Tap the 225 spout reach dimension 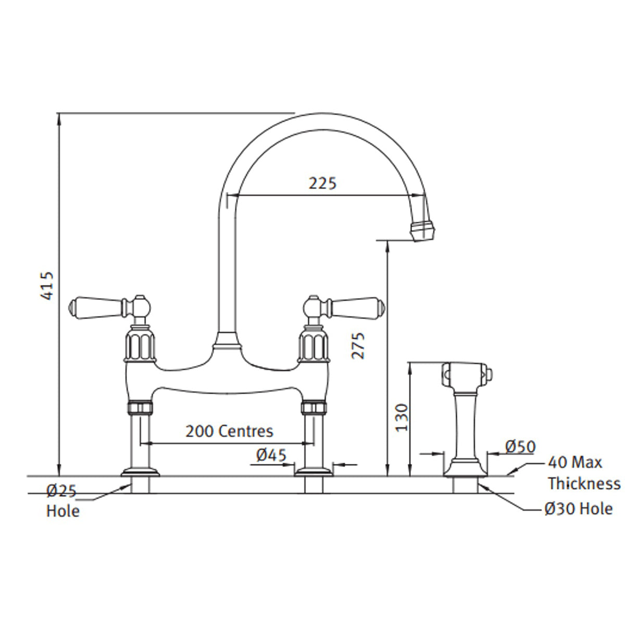pyautogui.click(x=322, y=183)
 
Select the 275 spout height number pyautogui.click(x=358, y=345)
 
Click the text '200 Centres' pyautogui.click(x=229, y=431)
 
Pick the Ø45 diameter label pyautogui.click(x=271, y=455)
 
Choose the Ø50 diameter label pyautogui.click(x=520, y=446)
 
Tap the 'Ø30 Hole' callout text pyautogui.click(x=578, y=508)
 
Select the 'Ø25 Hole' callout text pyautogui.click(x=63, y=501)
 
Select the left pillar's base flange pyautogui.click(x=140, y=472)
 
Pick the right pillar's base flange pyautogui.click(x=314, y=472)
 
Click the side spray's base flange pyautogui.click(x=466, y=469)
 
